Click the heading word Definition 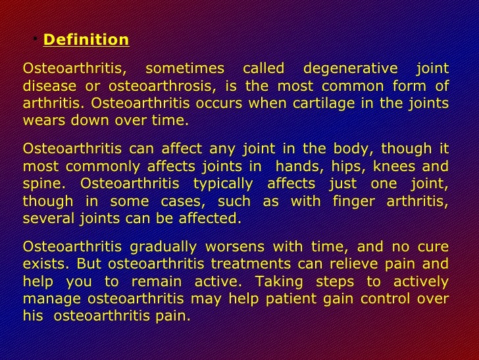(x=86, y=40)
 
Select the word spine (x=41, y=184)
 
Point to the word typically (x=225, y=184)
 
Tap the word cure (x=434, y=247)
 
